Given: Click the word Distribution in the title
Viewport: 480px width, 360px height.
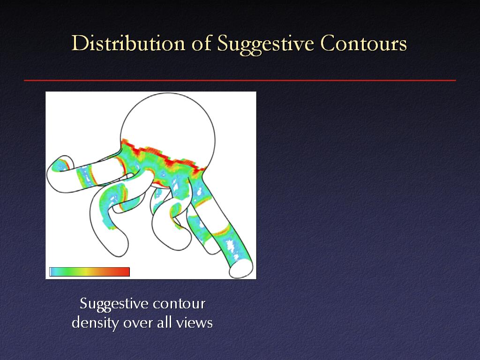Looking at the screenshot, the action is point(128,43).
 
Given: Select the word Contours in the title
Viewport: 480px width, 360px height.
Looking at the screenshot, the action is point(364,43).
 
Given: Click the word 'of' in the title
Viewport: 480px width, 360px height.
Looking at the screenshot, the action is point(202,43).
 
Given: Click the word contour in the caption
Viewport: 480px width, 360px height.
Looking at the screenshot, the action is point(179,304).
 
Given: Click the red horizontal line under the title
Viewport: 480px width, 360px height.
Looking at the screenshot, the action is point(240,81).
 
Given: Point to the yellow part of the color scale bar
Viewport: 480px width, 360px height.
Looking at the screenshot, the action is point(87,272).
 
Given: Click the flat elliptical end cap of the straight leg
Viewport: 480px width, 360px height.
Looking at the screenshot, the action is point(241,269).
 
